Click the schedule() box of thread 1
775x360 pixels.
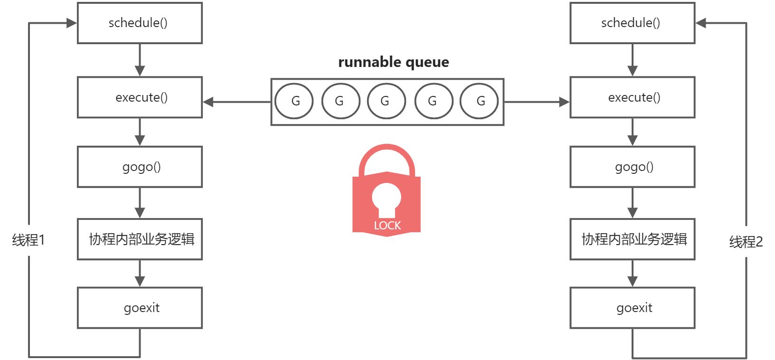(x=140, y=23)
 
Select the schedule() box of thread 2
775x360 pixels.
(x=632, y=23)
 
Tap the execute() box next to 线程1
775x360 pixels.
(x=140, y=97)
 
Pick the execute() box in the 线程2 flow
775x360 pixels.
(x=632, y=97)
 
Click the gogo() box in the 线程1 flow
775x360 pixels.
(x=140, y=167)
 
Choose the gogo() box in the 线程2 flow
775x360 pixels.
(x=632, y=167)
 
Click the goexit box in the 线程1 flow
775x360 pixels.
(x=140, y=308)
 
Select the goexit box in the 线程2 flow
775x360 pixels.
(x=632, y=308)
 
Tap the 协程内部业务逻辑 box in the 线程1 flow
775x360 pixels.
(x=140, y=239)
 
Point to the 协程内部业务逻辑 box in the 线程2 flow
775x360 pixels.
(x=632, y=239)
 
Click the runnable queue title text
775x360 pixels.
(x=393, y=62)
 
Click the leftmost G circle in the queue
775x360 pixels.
(x=294, y=101)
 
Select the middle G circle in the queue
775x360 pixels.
(x=386, y=101)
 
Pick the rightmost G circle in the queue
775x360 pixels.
(x=479, y=101)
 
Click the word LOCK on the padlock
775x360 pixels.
(x=387, y=226)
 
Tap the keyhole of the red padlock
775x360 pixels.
(x=387, y=200)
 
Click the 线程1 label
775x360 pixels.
(x=28, y=240)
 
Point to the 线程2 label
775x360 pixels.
(x=746, y=242)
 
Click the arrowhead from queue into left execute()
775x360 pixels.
(x=208, y=102)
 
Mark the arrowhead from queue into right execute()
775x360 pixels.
(x=564, y=102)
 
